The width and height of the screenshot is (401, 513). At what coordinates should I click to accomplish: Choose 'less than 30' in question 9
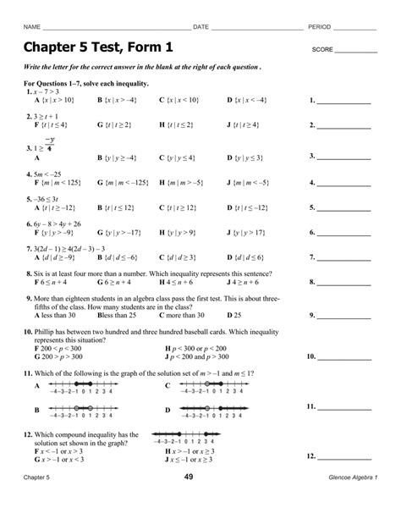click(x=58, y=314)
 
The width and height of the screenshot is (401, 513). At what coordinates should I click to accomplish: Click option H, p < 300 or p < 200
click(x=204, y=347)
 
